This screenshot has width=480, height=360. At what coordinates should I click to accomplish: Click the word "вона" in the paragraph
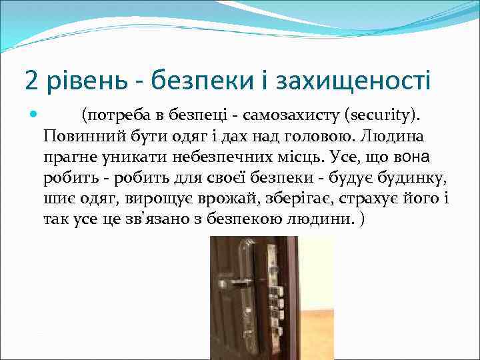pyautogui.click(x=412, y=158)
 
